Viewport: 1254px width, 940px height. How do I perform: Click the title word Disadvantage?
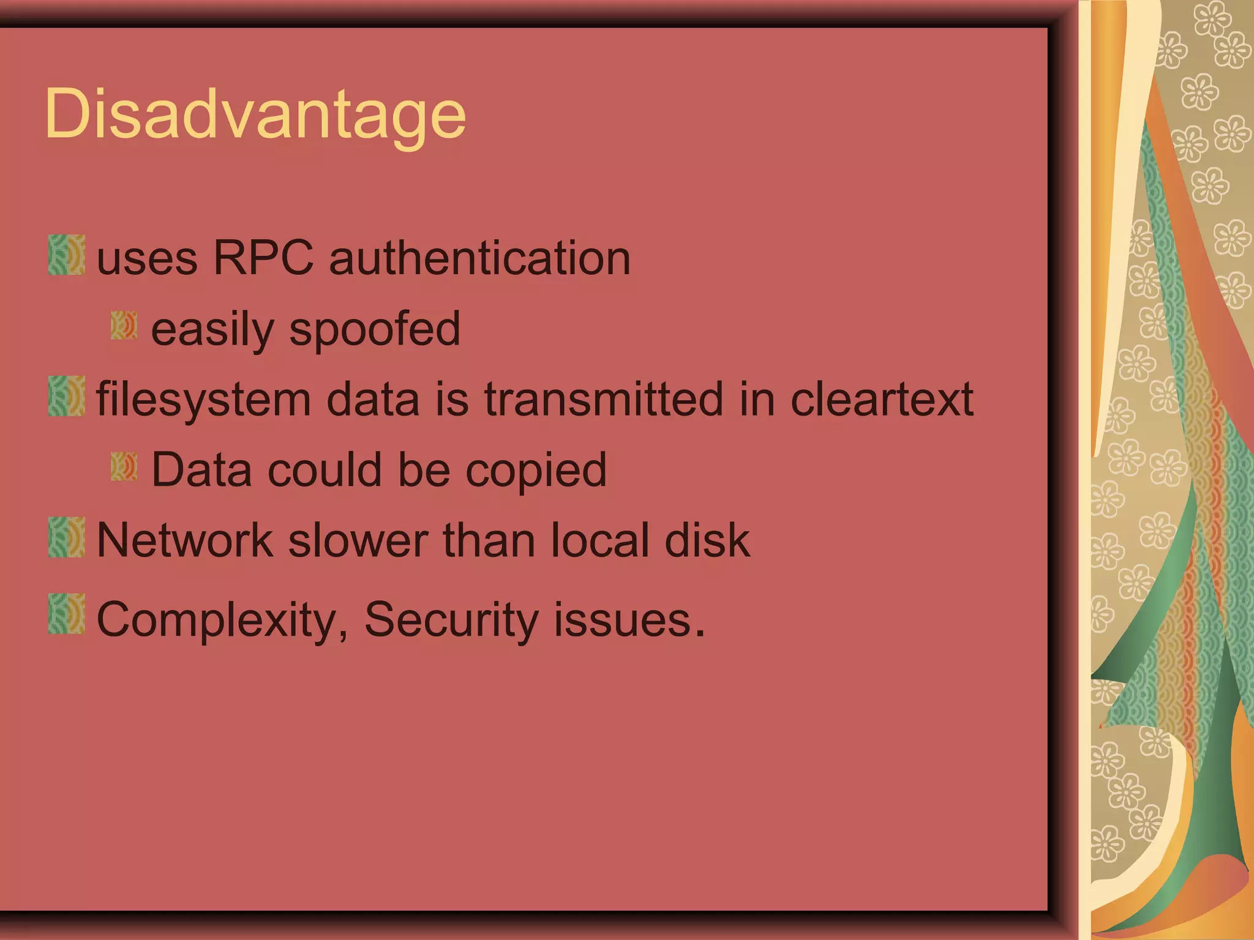pyautogui.click(x=255, y=114)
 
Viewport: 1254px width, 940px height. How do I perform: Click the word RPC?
pyautogui.click(x=263, y=258)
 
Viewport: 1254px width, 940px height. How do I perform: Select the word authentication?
pyautogui.click(x=479, y=258)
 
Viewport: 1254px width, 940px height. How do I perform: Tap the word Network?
pyautogui.click(x=184, y=540)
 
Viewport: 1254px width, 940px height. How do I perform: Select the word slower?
pyautogui.click(x=358, y=540)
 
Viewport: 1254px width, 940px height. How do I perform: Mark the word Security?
pyautogui.click(x=451, y=620)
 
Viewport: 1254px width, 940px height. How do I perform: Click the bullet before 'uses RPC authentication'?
pyautogui.click(x=66, y=255)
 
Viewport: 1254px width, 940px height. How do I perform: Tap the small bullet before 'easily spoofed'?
pyautogui.click(x=124, y=326)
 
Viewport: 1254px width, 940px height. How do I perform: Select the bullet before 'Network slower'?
pyautogui.click(x=66, y=537)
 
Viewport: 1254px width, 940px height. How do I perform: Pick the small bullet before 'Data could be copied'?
pyautogui.click(x=124, y=466)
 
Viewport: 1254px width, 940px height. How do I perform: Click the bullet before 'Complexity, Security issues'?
pyautogui.click(x=66, y=614)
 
